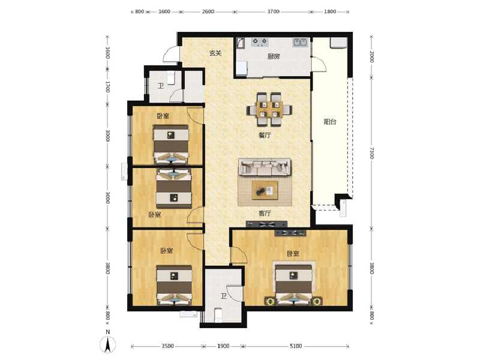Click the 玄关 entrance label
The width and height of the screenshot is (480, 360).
[215, 53]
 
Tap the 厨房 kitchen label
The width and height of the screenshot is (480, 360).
[274, 57]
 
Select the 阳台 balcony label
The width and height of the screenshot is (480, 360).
[330, 122]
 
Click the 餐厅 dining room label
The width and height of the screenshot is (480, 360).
[265, 136]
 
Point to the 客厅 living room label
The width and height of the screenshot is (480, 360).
[265, 213]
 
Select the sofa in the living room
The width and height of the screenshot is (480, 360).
[265, 167]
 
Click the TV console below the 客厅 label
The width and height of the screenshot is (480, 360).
[266, 224]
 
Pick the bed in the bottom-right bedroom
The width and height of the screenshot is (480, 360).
[294, 284]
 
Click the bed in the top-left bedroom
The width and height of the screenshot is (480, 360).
[171, 145]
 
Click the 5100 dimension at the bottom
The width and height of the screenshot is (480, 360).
[296, 346]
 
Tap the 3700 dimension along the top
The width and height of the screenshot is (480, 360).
[272, 11]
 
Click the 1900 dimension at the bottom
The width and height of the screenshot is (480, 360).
[223, 346]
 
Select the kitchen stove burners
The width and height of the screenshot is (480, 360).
[260, 43]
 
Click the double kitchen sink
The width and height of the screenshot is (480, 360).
[301, 43]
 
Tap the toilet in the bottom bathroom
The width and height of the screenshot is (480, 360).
[218, 315]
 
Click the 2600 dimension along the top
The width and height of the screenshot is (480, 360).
[208, 11]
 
